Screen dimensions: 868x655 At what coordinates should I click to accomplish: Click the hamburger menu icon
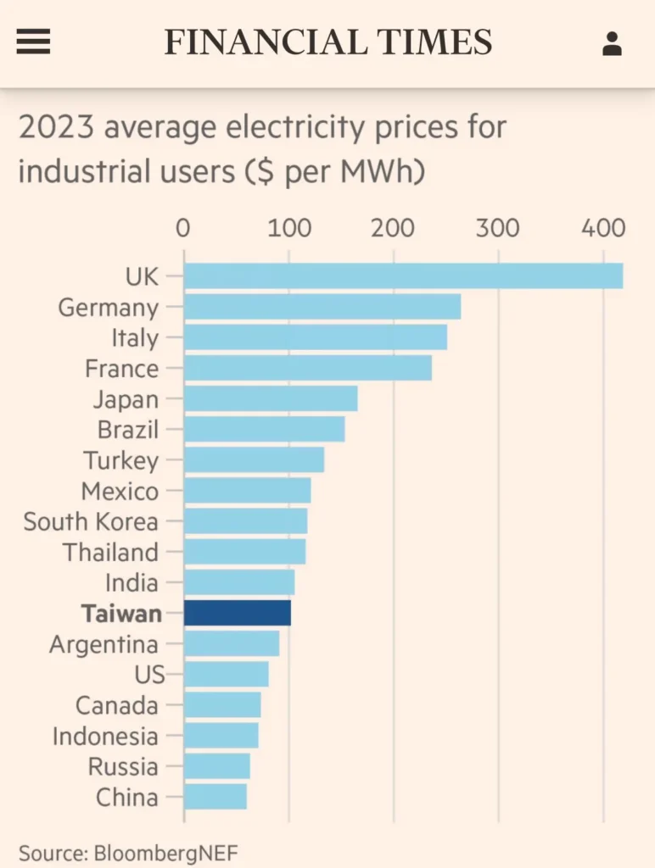tap(33, 42)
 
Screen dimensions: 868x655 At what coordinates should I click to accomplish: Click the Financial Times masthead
tap(327, 42)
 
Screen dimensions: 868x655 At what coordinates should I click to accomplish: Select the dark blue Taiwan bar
tap(238, 613)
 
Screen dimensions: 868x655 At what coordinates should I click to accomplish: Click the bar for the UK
tap(403, 276)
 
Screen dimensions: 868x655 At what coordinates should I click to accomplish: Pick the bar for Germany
tap(322, 307)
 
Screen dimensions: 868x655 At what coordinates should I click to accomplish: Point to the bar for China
tap(216, 797)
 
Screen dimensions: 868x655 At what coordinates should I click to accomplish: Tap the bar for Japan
tap(271, 398)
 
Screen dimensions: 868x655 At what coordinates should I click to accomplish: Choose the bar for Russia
tap(217, 766)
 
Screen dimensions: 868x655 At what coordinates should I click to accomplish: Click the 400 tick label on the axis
tap(603, 228)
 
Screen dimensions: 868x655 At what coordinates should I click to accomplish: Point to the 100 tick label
tap(289, 228)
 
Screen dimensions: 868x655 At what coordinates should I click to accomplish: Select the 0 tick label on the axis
tap(183, 228)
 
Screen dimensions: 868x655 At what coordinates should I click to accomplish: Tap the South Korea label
tap(91, 521)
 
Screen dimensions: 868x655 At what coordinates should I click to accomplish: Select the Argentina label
tap(104, 644)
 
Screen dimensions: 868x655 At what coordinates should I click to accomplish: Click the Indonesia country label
tap(105, 736)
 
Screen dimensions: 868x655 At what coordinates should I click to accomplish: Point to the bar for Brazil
tap(264, 429)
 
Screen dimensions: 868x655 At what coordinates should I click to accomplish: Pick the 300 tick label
tap(497, 228)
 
